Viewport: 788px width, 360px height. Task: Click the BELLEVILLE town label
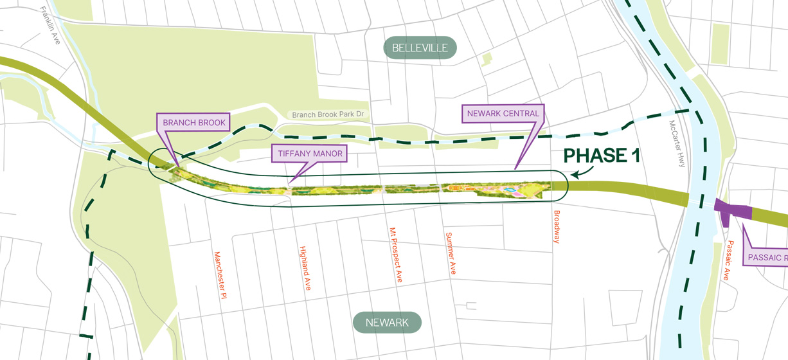[x=420, y=48]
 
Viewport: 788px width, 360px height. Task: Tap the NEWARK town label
[x=387, y=323]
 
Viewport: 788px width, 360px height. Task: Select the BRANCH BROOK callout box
[x=193, y=122]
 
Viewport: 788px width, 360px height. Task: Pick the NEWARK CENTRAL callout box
[x=503, y=114]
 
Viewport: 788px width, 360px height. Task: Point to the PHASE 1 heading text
[x=601, y=156]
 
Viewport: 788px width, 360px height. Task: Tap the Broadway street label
[x=557, y=226]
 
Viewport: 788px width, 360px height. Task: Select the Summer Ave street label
[x=451, y=253]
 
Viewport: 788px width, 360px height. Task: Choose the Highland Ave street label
[x=305, y=268]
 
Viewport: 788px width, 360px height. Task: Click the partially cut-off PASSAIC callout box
[x=766, y=258]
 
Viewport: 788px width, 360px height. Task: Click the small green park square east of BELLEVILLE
[x=487, y=60]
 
